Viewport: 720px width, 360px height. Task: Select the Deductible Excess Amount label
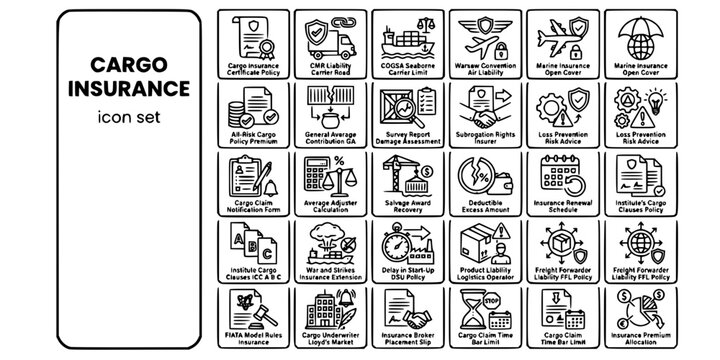(485, 208)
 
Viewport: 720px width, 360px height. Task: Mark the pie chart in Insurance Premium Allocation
(636, 318)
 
